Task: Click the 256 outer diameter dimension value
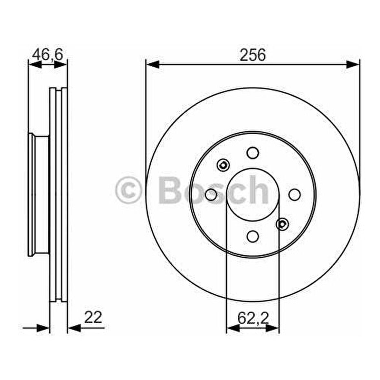(x=252, y=55)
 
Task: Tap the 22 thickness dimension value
(x=93, y=317)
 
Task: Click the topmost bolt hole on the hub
(x=253, y=152)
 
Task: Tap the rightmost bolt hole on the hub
(x=294, y=195)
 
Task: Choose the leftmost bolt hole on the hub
(x=211, y=195)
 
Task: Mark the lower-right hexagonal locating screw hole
(x=282, y=224)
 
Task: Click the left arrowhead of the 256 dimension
(x=153, y=64)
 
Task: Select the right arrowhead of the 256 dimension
(x=353, y=64)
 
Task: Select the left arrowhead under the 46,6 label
(x=35, y=64)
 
